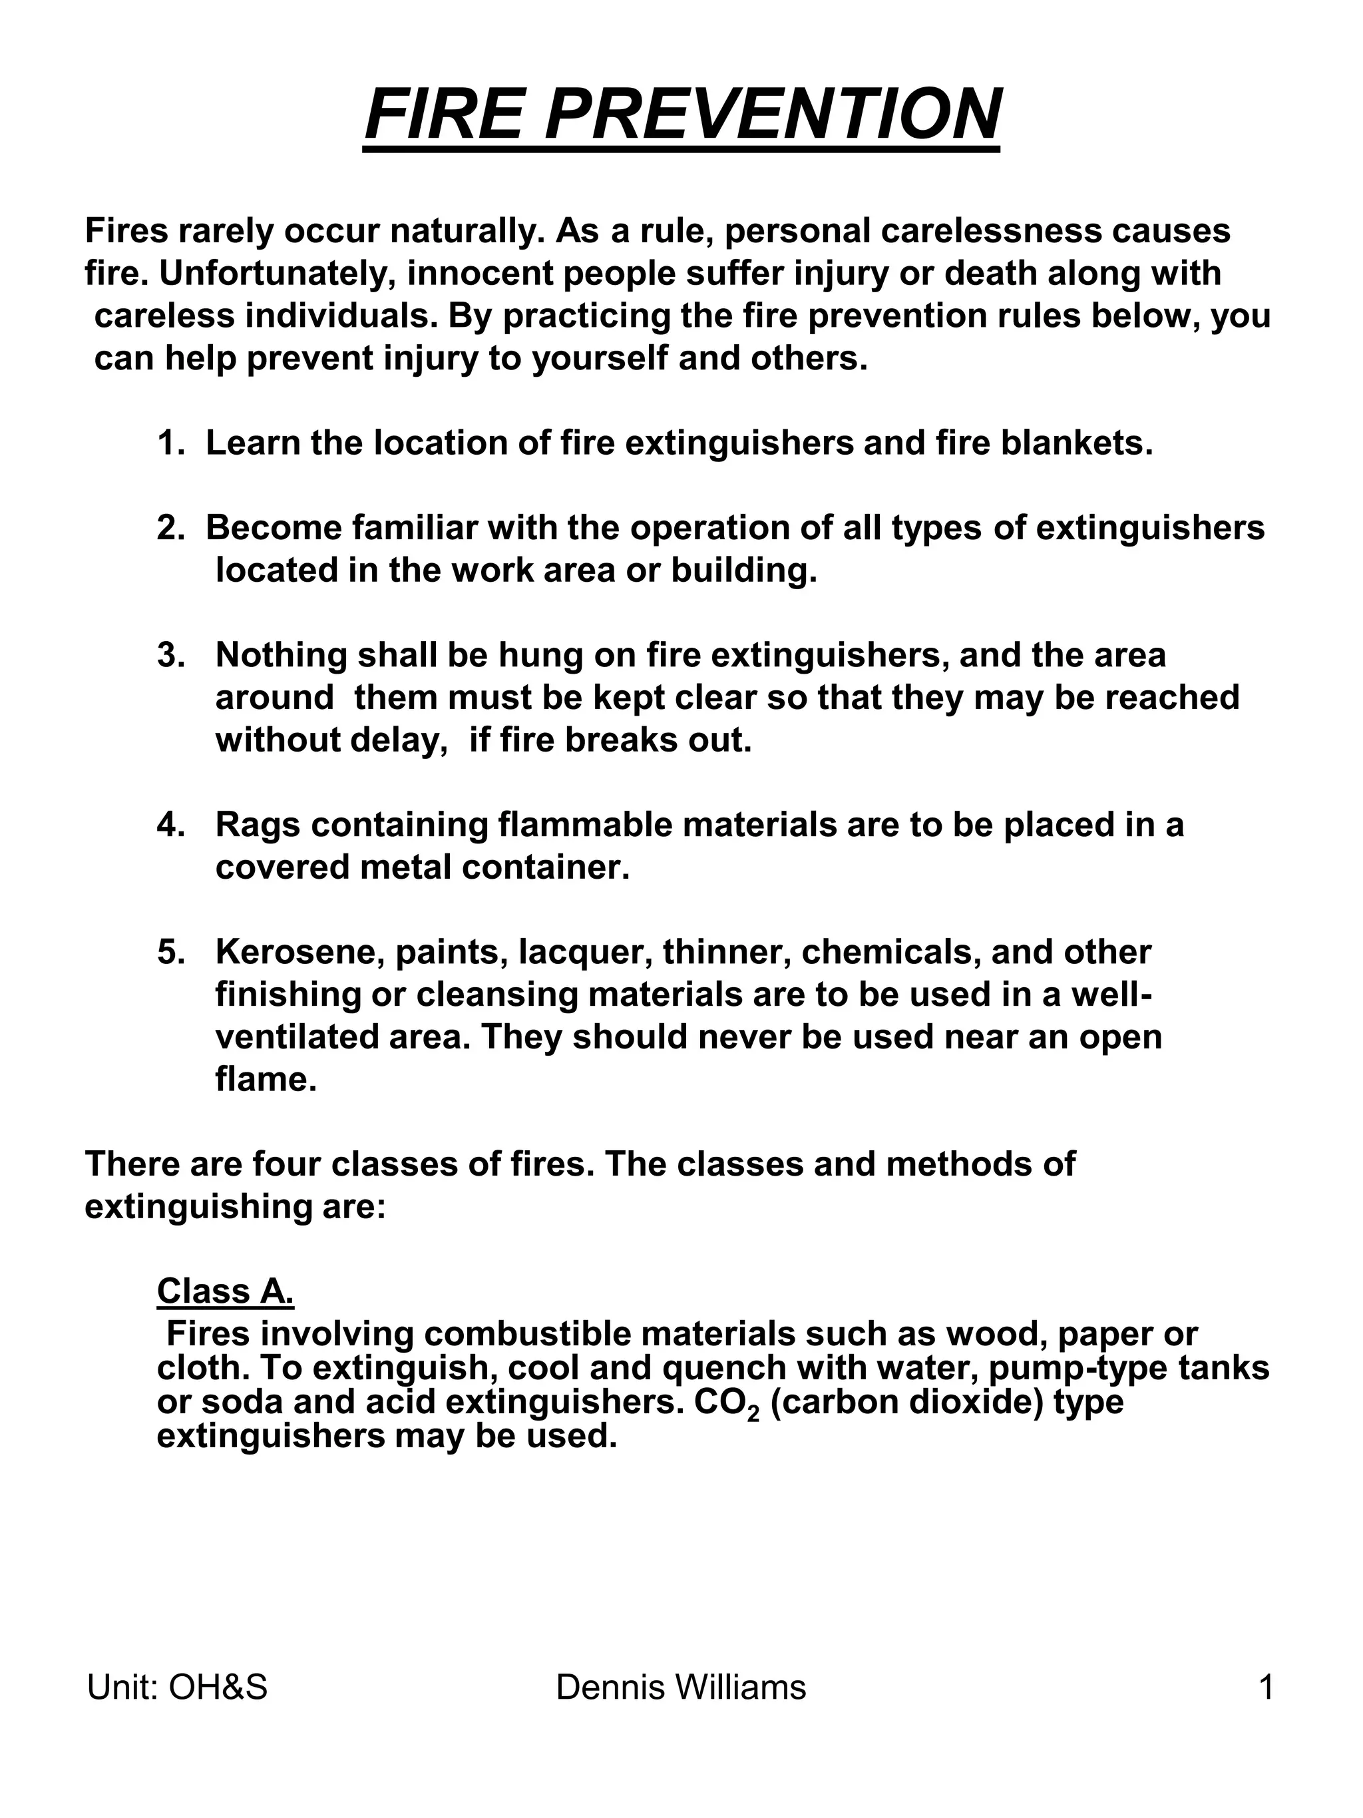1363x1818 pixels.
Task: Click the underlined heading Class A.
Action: [x=224, y=1292]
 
